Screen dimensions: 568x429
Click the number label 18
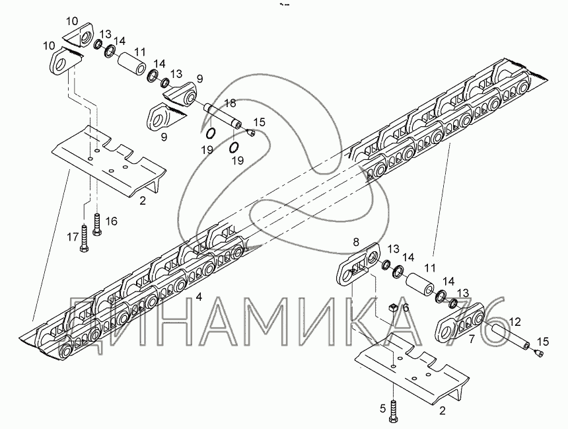pos(229,103)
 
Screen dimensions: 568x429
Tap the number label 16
pos(112,221)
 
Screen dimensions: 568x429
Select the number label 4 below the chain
pos(198,297)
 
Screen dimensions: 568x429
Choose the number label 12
pos(515,322)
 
